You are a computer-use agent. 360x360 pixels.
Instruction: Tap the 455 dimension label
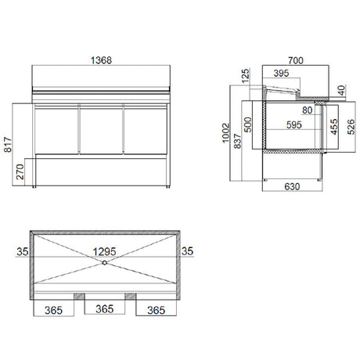(x=333, y=128)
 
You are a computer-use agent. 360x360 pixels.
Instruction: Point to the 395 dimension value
(x=282, y=74)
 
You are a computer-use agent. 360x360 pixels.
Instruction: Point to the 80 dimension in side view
(x=307, y=110)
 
